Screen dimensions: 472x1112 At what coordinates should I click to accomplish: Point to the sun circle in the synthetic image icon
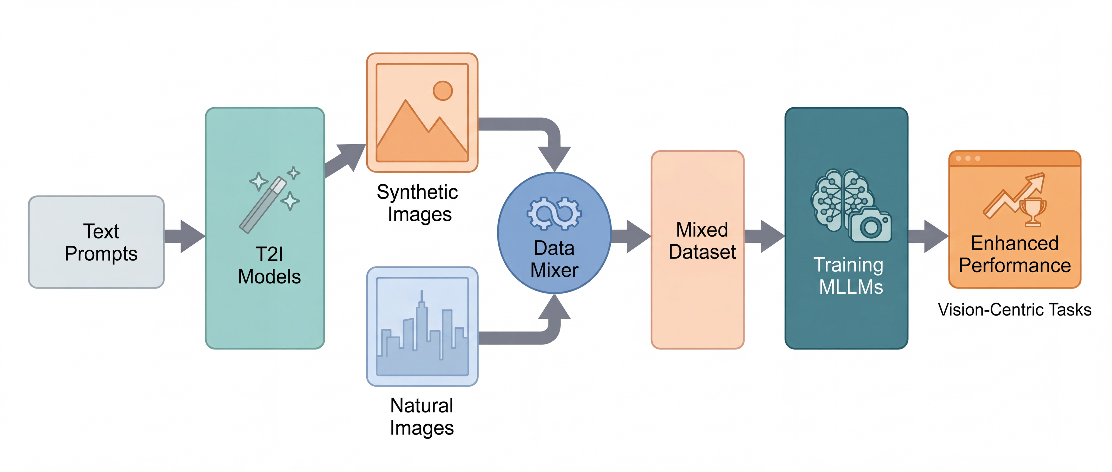(442, 91)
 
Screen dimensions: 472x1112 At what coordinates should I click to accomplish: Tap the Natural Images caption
(422, 417)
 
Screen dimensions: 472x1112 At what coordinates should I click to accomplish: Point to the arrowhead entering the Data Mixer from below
(554, 307)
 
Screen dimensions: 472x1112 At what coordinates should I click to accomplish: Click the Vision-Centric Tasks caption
(1014, 310)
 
